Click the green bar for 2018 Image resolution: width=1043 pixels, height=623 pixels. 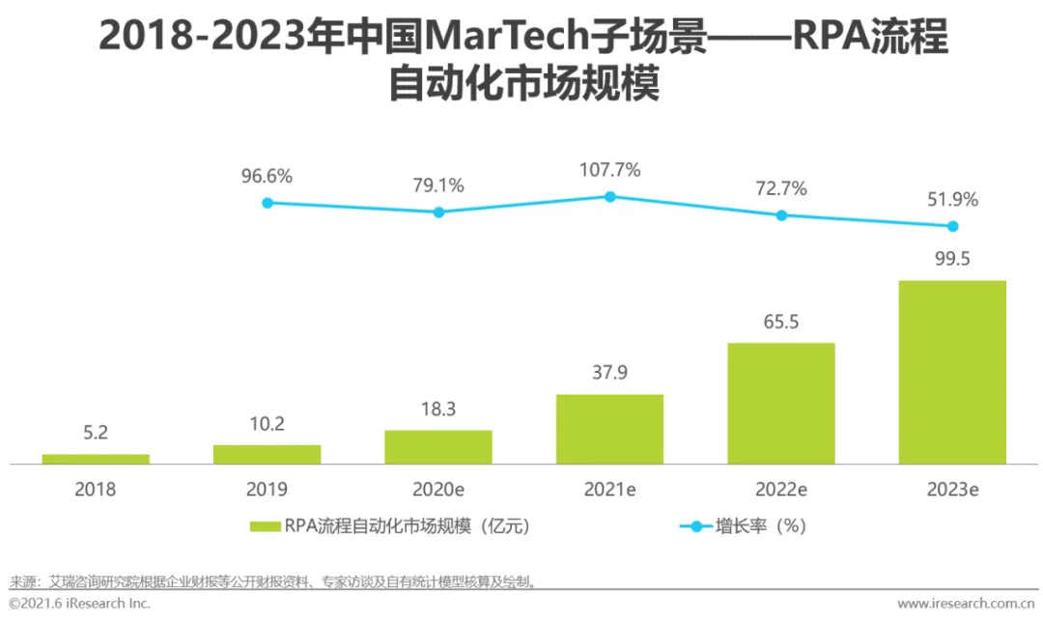coord(96,459)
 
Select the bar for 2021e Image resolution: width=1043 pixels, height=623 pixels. coord(609,429)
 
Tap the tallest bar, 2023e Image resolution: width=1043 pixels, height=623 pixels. coord(952,372)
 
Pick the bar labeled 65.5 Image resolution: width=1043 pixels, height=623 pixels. coord(780,403)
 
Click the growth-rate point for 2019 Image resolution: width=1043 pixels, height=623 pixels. coord(268,203)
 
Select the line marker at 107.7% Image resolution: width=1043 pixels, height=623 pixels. coord(610,196)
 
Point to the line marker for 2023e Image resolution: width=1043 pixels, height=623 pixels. coord(952,226)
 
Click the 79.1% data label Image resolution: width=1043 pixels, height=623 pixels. coord(438,185)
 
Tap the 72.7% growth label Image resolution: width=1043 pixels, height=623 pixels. coord(781,188)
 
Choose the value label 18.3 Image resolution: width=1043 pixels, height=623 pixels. coord(438,410)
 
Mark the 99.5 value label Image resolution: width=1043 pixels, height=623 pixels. coord(952,260)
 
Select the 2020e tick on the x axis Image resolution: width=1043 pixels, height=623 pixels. coord(438,490)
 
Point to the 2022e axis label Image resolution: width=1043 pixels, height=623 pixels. coord(781,490)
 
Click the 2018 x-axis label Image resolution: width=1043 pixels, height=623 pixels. coord(95,490)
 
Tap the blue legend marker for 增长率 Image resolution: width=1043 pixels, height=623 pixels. coord(695,526)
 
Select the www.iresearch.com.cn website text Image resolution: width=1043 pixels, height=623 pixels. coord(965,604)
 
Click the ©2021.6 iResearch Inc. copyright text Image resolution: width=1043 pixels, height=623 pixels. coord(80,604)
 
